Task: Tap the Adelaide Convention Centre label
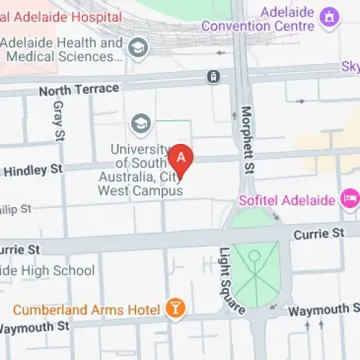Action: [x=258, y=19]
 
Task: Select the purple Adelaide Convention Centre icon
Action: [x=330, y=15]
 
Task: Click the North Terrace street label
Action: [x=78, y=89]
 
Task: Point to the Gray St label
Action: [x=58, y=119]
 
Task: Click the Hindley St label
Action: [x=34, y=171]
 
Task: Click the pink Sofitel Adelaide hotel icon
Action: [x=351, y=197]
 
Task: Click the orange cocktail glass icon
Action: [x=174, y=309]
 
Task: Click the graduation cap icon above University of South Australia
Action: [x=140, y=124]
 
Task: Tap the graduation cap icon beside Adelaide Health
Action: [x=136, y=48]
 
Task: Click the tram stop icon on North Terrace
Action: [x=214, y=76]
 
